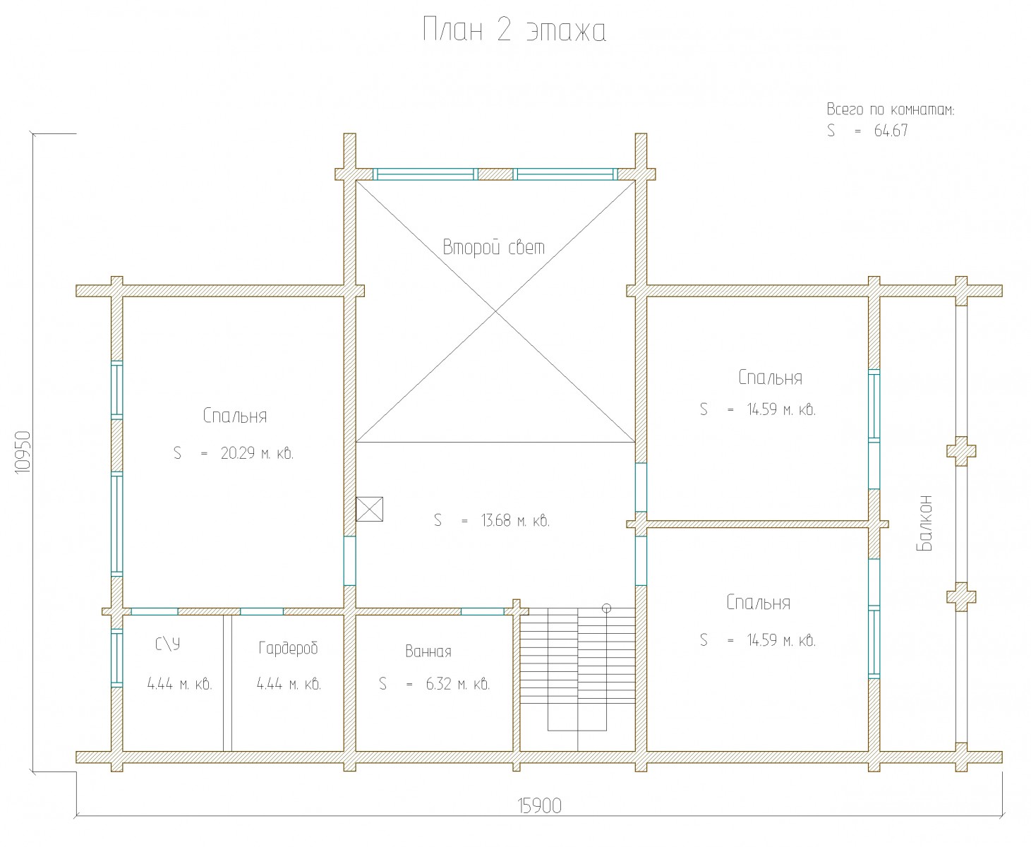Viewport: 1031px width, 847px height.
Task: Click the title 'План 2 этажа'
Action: (514, 30)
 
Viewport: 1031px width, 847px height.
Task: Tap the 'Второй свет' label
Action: (494, 247)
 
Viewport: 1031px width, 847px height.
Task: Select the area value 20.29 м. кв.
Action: (257, 453)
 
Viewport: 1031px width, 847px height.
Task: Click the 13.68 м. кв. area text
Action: (515, 520)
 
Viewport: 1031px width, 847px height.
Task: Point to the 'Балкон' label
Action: (924, 523)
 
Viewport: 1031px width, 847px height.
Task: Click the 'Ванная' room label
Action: (428, 651)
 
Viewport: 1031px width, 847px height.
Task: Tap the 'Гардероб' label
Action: (289, 648)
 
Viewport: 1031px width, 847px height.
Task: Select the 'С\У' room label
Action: (168, 644)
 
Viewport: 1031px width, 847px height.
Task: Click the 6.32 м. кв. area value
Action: (457, 684)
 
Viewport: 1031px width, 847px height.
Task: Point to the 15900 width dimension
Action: (539, 806)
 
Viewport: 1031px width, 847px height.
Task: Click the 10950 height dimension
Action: (23, 452)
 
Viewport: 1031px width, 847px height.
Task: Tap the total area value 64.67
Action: (891, 131)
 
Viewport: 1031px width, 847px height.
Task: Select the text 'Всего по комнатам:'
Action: (890, 109)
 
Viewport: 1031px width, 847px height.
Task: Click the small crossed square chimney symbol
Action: (370, 509)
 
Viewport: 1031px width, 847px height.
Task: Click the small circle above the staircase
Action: (606, 608)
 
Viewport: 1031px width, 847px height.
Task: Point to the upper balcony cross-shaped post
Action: (961, 451)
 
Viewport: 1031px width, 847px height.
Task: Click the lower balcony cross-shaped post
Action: (961, 597)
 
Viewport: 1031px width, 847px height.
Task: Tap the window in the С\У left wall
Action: (117, 658)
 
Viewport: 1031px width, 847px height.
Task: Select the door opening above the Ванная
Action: (483, 611)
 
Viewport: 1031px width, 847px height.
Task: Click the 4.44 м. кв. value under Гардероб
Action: (289, 684)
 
